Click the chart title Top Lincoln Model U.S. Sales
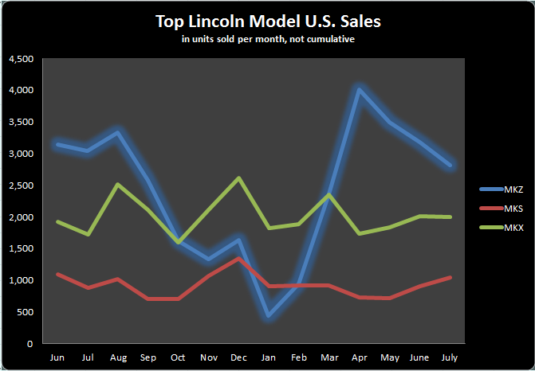coord(268,21)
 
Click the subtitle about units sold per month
coord(268,40)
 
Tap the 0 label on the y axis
coord(30,344)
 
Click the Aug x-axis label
coord(118,357)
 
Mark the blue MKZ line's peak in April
coord(360,90)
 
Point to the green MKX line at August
coord(118,185)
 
